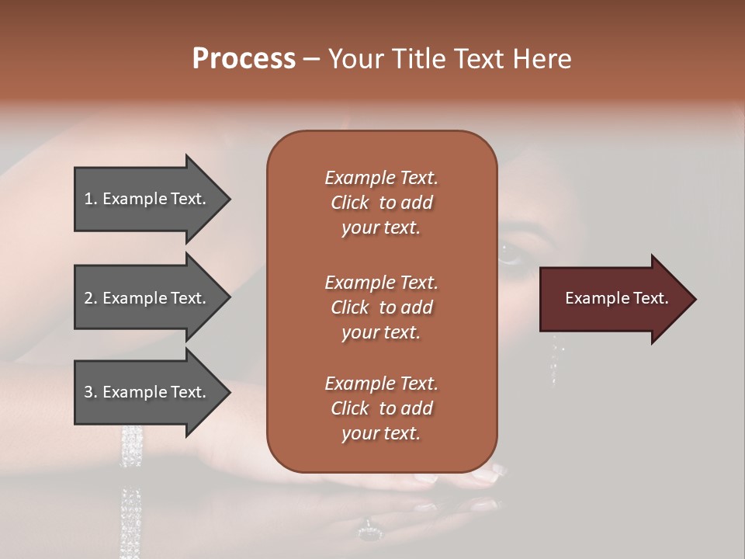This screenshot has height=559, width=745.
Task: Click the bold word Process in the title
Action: [244, 59]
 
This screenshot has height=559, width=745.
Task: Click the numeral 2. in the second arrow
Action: [91, 298]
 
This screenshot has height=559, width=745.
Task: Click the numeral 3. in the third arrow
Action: [91, 392]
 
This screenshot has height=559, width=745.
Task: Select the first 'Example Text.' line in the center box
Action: [381, 178]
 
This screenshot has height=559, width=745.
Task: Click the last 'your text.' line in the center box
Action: [381, 433]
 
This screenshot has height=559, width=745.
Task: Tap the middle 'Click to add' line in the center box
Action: [381, 307]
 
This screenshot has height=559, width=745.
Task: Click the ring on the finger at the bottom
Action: [368, 533]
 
